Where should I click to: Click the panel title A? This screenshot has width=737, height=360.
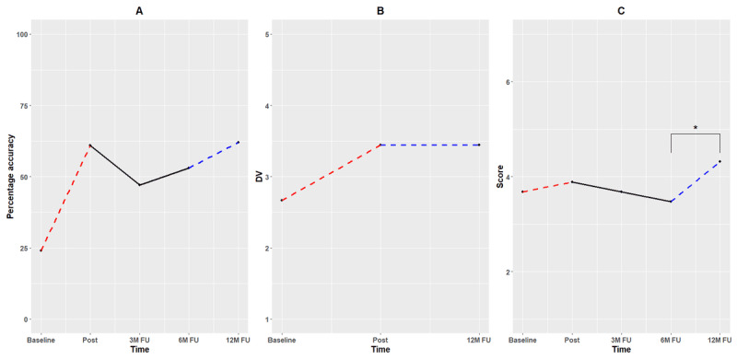pyautogui.click(x=139, y=11)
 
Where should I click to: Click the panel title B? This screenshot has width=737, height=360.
pyautogui.click(x=380, y=11)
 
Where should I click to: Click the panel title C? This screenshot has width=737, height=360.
pyautogui.click(x=621, y=11)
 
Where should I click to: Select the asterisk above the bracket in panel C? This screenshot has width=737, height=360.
pyautogui.click(x=696, y=128)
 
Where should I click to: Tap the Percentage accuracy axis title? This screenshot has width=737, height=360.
pyautogui.click(x=10, y=177)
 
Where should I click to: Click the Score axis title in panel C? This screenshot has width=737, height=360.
pyautogui.click(x=500, y=177)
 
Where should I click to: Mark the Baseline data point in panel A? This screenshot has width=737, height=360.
pyautogui.click(x=41, y=250)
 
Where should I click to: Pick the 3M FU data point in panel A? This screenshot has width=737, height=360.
pyautogui.click(x=140, y=185)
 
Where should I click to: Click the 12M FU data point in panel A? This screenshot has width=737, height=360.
pyautogui.click(x=239, y=142)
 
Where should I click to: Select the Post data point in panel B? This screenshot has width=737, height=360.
pyautogui.click(x=380, y=145)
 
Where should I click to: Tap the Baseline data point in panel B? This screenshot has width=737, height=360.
pyautogui.click(x=282, y=200)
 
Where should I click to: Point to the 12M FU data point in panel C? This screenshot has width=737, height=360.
pyautogui.click(x=719, y=162)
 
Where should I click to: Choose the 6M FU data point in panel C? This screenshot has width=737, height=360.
pyautogui.click(x=671, y=202)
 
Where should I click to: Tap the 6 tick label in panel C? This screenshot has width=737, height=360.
pyautogui.click(x=511, y=82)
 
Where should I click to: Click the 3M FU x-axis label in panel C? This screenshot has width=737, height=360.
pyautogui.click(x=621, y=340)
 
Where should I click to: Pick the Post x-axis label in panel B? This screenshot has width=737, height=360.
pyautogui.click(x=380, y=340)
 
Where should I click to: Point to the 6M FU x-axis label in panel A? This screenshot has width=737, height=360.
pyautogui.click(x=189, y=340)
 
